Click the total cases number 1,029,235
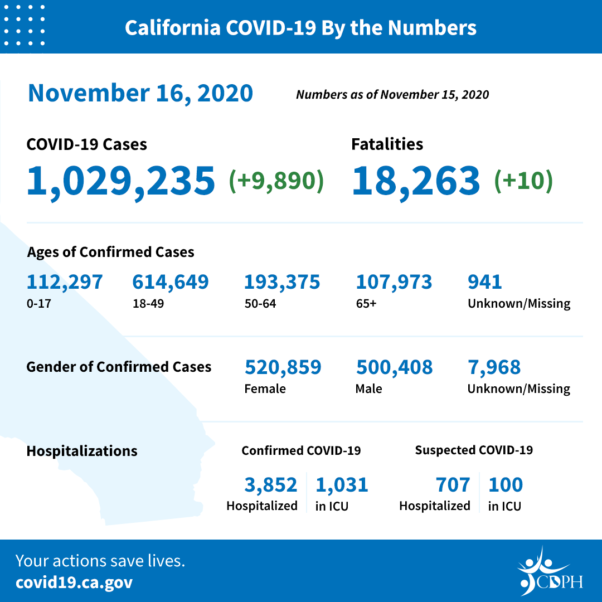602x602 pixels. click(121, 181)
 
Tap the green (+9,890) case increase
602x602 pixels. click(276, 181)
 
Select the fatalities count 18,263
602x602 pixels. click(416, 181)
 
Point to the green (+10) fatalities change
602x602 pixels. click(523, 181)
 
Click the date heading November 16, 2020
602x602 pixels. click(140, 93)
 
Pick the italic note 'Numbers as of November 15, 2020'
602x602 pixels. click(392, 95)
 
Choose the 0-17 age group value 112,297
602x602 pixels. click(65, 282)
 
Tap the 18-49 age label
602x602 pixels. click(145, 304)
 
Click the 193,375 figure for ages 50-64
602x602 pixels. click(282, 282)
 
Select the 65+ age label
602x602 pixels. click(366, 304)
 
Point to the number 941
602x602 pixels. click(485, 282)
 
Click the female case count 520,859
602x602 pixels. click(283, 367)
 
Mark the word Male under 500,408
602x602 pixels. click(368, 389)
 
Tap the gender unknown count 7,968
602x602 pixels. click(494, 367)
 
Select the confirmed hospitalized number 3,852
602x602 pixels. click(271, 485)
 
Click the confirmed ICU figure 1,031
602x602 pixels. click(342, 485)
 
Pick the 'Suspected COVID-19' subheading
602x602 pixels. click(474, 450)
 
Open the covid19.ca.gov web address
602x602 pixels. click(74, 582)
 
